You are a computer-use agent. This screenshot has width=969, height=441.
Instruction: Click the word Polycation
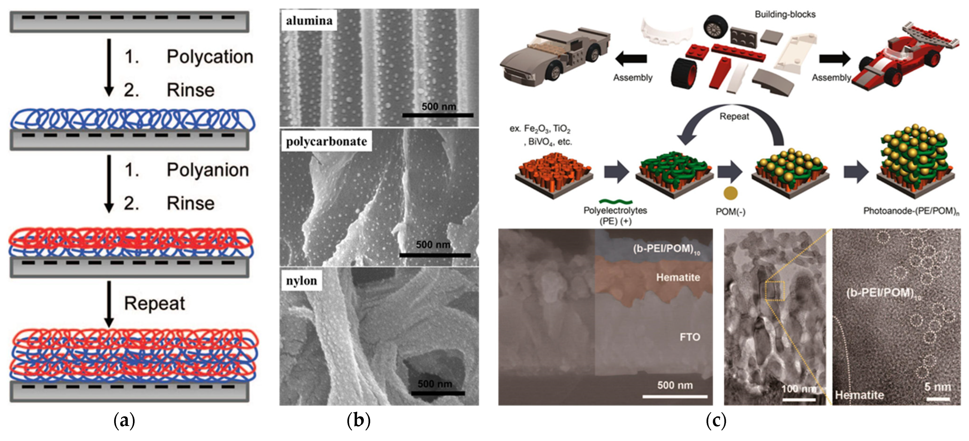click(209, 57)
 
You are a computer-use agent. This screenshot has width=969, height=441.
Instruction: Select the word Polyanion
click(208, 170)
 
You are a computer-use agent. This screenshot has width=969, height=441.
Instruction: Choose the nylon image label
click(301, 281)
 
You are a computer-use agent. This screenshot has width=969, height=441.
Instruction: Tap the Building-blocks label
click(785, 14)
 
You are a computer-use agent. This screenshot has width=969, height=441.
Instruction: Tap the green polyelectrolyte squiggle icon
click(615, 202)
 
